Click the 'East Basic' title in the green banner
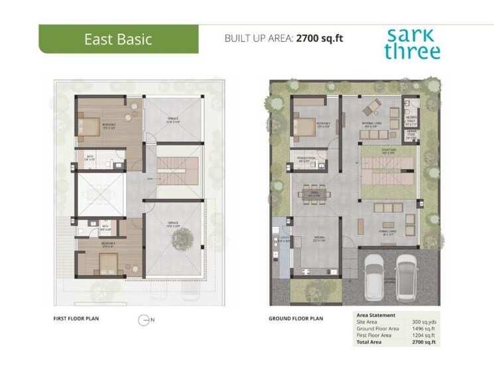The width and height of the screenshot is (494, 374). coord(118,39)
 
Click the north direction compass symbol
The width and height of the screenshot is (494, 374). coord(143,320)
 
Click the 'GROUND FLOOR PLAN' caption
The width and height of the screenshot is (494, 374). coord(296,319)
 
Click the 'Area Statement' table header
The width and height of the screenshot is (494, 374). coord(376,316)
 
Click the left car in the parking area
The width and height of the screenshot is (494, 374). coord(375,274)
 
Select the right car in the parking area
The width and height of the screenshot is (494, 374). coord(406,274)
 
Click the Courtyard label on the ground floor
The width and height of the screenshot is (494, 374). coord(389,151)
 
